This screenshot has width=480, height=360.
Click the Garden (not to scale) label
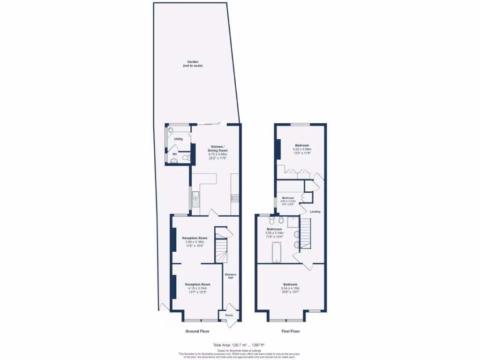click(193, 64)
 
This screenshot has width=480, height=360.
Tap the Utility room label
click(178, 139)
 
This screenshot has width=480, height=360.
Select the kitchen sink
click(195, 200)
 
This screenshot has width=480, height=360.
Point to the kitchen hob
click(234, 199)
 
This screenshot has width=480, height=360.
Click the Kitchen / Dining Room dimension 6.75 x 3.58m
click(217, 154)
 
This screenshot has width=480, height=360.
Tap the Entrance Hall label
click(231, 276)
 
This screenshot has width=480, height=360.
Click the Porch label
click(229, 315)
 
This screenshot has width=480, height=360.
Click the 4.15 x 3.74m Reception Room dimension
click(197, 288)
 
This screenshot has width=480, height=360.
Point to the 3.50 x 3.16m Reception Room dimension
click(195, 242)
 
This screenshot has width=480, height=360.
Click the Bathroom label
click(274, 229)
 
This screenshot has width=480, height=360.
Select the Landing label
click(315, 212)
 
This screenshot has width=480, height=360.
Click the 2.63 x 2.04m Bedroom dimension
click(288, 201)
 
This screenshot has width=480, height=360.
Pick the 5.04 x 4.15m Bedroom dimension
click(290, 288)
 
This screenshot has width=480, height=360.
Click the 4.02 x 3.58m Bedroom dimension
click(302, 149)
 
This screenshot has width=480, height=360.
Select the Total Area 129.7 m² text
click(240, 345)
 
